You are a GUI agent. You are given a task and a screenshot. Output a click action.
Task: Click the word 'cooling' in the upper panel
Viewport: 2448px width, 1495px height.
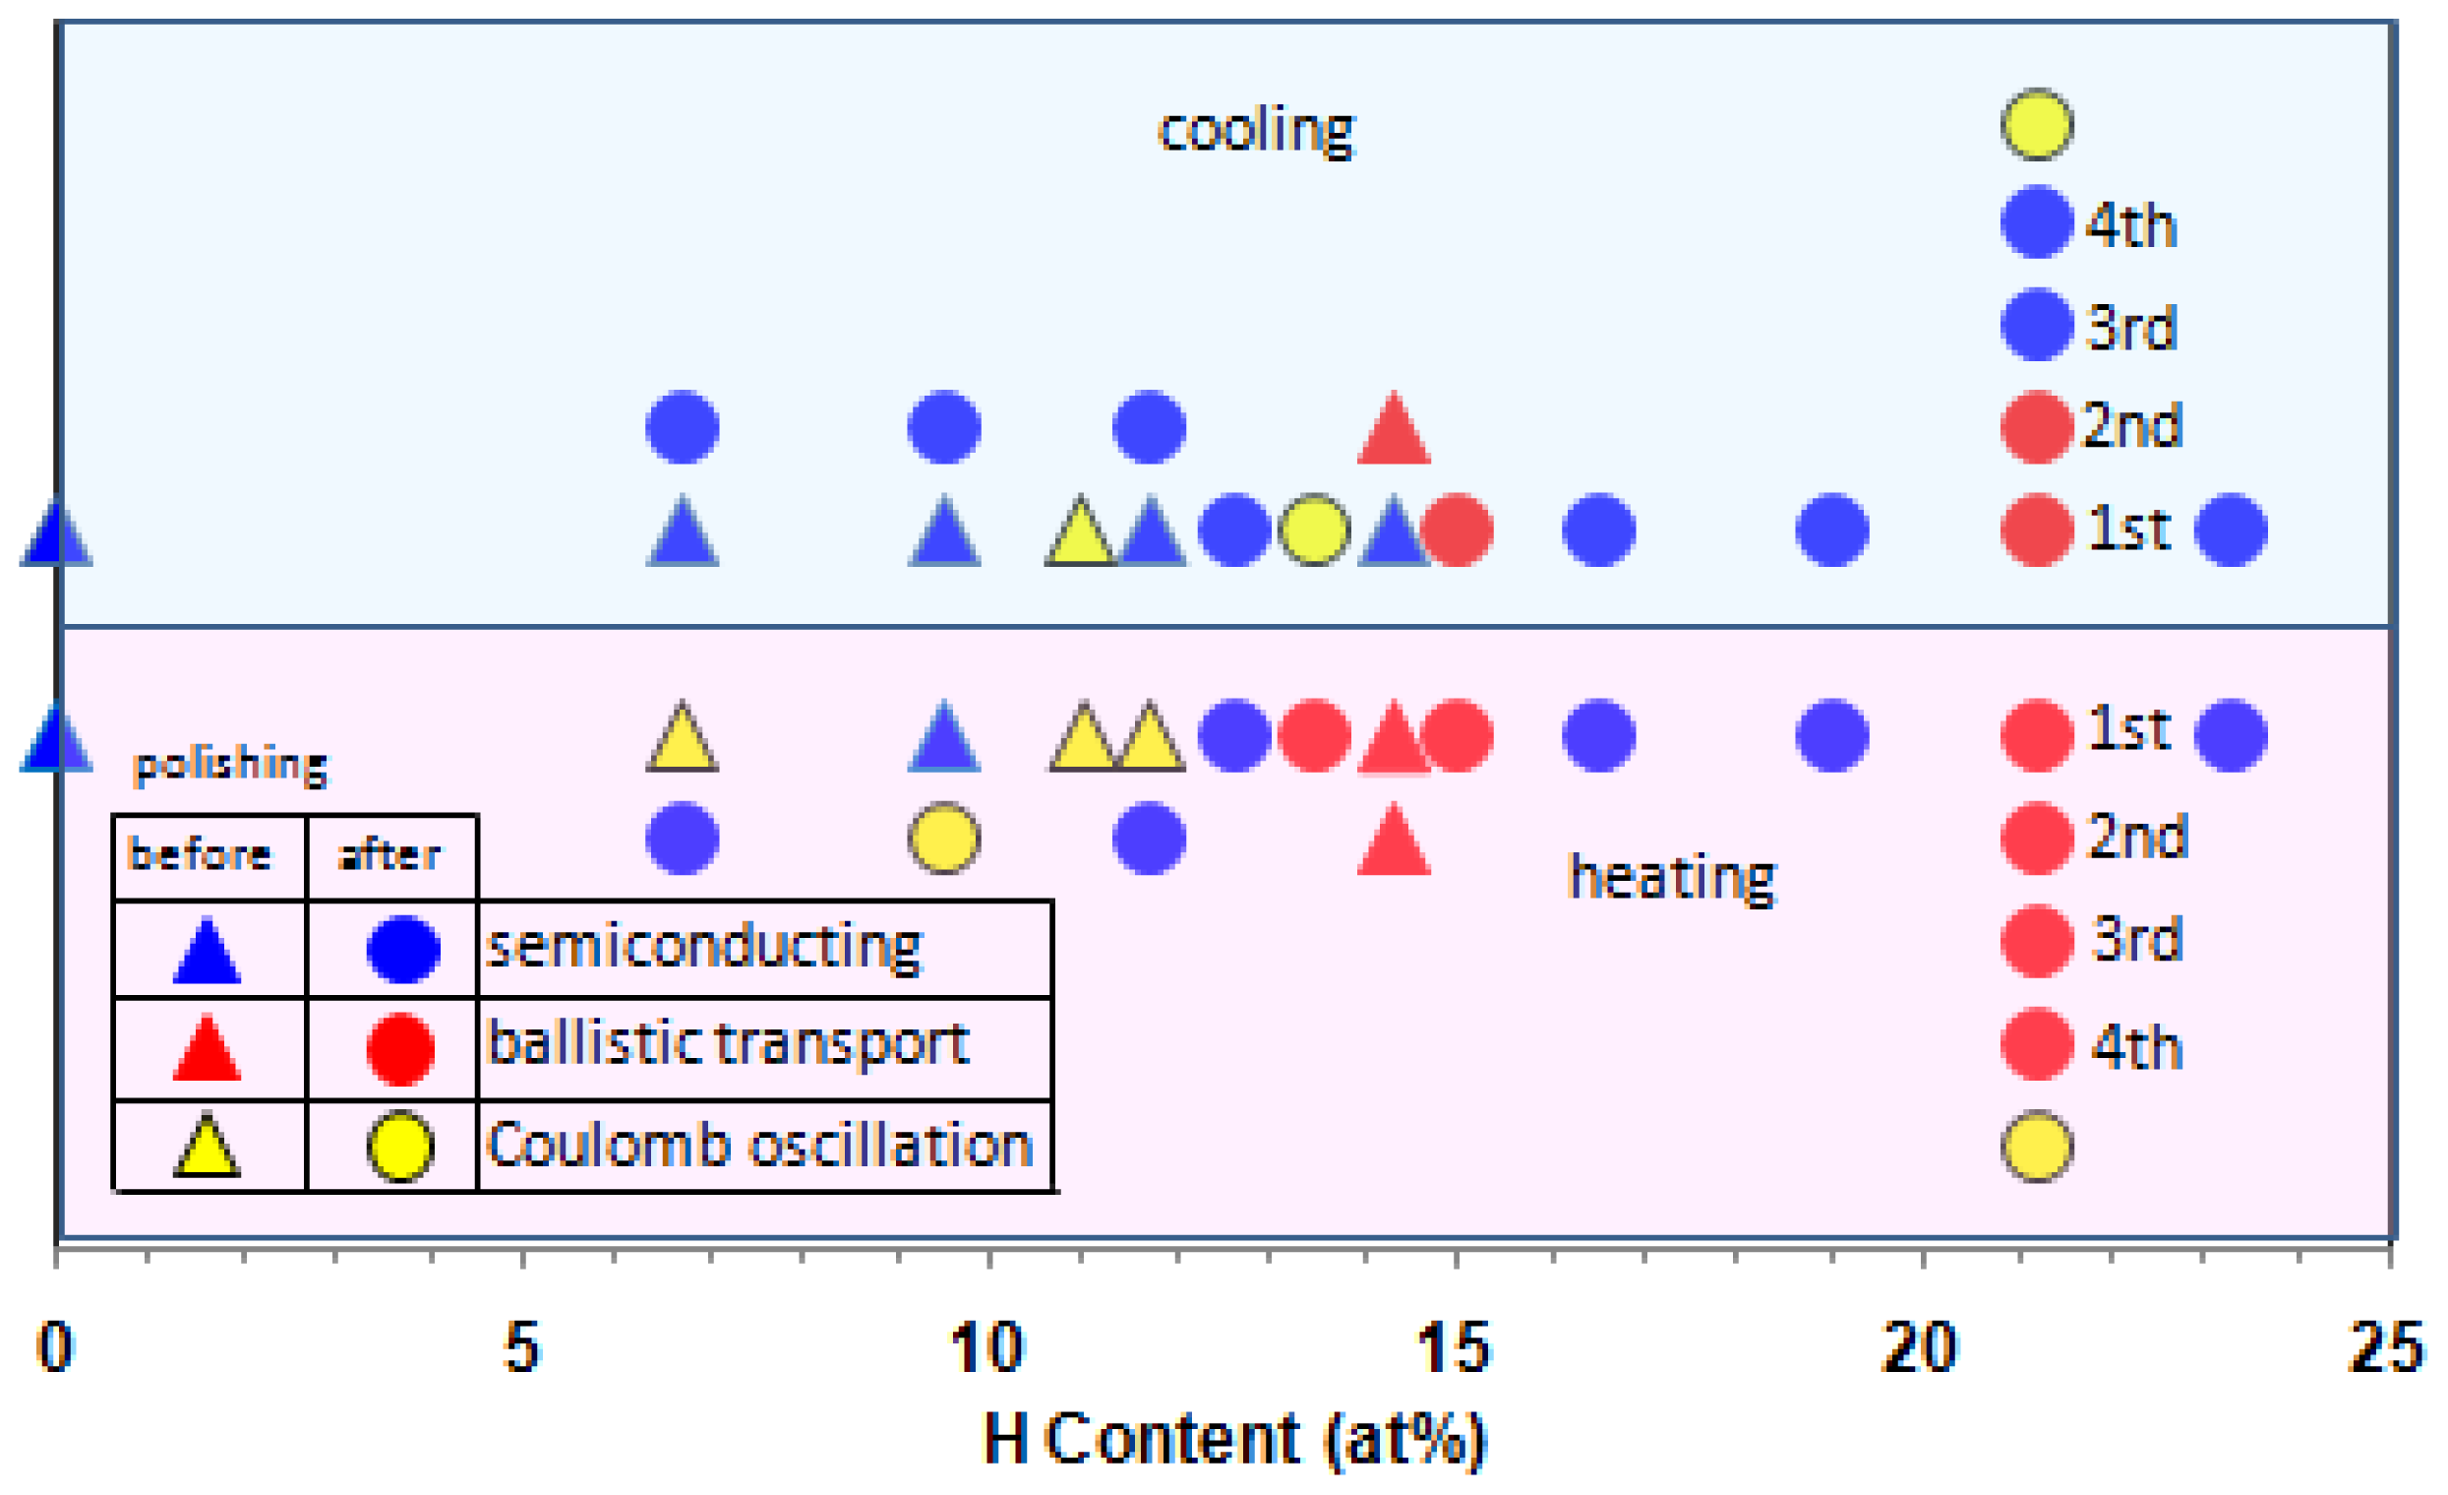1256,130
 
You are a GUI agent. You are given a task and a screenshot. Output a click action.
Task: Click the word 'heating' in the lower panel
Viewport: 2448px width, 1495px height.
1672,877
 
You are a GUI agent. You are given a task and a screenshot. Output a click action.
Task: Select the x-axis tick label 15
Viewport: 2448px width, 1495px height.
1454,1348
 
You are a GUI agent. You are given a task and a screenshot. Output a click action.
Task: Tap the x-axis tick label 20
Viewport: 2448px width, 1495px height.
1920,1348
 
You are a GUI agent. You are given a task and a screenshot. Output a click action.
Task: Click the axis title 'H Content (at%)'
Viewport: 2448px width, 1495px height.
1235,1438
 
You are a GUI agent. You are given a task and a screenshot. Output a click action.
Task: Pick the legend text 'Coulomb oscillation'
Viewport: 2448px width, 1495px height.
760,1144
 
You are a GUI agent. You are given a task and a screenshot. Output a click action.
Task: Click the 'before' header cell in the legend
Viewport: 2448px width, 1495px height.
200,855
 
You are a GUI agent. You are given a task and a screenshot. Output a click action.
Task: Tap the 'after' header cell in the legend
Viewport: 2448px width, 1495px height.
389,855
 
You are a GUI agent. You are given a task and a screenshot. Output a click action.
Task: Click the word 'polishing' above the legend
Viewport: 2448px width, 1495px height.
230,765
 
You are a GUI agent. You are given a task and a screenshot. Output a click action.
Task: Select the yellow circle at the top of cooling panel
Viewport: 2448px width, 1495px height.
2037,124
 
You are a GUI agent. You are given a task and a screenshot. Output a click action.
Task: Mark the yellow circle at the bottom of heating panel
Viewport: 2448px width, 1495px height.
2037,1146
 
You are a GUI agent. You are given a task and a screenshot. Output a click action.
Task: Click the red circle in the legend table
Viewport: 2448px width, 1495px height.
400,1049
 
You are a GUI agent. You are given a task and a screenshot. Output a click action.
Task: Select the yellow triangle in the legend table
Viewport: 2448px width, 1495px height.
207,1149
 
